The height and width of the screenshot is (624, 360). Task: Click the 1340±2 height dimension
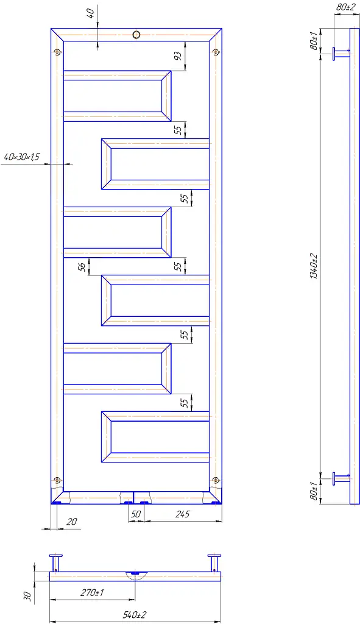[314, 266]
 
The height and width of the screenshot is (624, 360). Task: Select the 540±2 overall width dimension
[135, 615]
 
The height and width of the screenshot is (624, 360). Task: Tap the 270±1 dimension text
[92, 592]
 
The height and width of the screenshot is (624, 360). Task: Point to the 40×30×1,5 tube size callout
[22, 157]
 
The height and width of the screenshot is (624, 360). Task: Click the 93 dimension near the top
[178, 56]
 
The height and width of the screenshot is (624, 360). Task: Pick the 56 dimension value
[82, 267]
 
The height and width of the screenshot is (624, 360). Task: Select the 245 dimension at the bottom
[183, 514]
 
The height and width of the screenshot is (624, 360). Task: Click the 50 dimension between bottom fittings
[136, 514]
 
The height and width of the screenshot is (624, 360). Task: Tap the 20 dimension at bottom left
[72, 522]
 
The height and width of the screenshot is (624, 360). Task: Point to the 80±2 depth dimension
[345, 7]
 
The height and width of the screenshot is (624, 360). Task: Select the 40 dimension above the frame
[91, 14]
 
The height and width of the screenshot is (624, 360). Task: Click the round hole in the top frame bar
[136, 34]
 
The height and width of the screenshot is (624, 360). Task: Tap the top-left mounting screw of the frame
[58, 52]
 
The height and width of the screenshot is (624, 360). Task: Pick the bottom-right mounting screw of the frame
[216, 480]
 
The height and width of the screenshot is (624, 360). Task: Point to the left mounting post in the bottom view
[56, 562]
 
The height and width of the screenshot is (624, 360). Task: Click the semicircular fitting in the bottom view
[135, 575]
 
